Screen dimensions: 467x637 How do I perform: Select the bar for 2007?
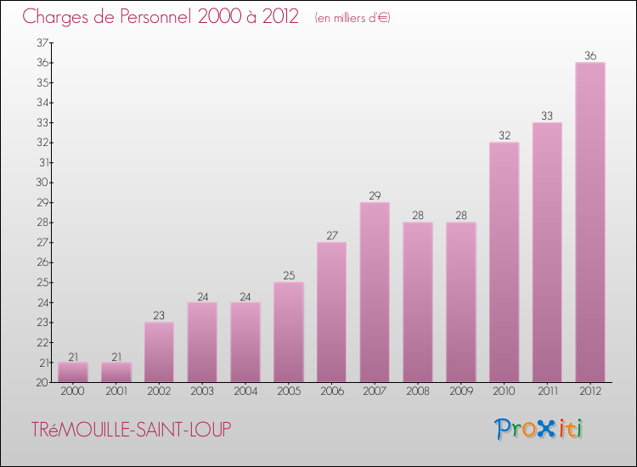click(375, 292)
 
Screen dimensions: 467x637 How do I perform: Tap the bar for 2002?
click(159, 352)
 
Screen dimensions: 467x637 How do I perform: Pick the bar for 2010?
click(504, 262)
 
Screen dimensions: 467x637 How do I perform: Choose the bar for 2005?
click(289, 332)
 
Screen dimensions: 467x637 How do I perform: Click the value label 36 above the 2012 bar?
click(590, 56)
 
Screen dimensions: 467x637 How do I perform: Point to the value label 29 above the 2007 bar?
click(375, 196)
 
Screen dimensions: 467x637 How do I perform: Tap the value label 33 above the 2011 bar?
click(547, 116)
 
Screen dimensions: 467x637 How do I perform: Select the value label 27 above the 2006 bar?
click(331, 236)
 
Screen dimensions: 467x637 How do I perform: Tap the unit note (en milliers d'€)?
click(352, 18)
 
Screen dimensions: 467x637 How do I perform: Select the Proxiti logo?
click(540, 429)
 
